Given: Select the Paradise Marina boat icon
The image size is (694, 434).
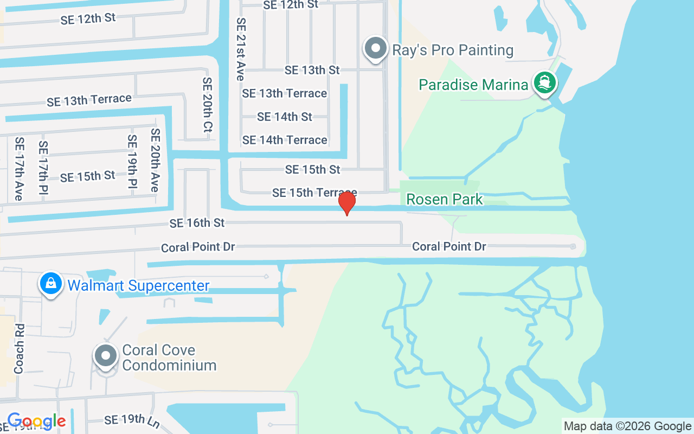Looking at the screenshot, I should point(545,84).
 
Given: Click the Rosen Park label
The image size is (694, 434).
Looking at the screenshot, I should point(444,200).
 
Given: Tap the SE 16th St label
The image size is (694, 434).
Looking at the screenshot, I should point(197,223).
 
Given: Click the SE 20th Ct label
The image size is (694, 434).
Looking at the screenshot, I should point(207,105).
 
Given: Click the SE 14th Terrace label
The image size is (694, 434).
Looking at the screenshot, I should point(285,140).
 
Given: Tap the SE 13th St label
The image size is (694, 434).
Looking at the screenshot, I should point(312,70).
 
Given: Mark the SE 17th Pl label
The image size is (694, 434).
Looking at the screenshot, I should point(43,168).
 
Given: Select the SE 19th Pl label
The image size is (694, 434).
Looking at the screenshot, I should point(132,162).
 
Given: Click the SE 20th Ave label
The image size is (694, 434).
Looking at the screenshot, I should point(156,160).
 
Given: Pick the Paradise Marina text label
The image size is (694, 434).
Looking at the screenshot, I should point(473,85).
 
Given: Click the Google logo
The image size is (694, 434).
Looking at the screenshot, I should point(36,421).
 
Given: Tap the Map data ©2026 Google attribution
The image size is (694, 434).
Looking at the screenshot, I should point(627,426).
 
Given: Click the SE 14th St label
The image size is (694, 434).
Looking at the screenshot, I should point(285,117).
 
